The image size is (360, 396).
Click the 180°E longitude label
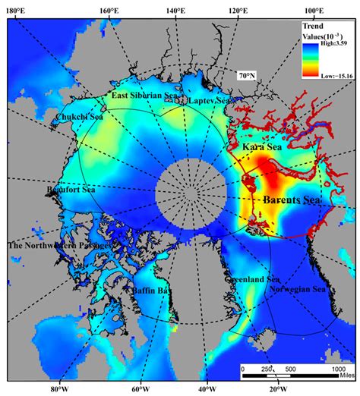tap(17, 10)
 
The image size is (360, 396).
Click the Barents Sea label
tap(292, 200)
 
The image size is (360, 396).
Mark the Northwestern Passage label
tap(59, 246)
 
